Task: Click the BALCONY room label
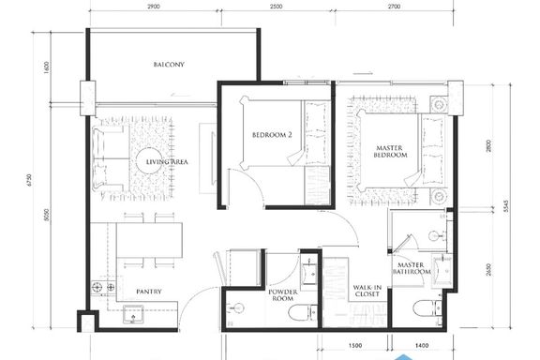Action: click(x=169, y=65)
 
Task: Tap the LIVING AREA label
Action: click(x=167, y=162)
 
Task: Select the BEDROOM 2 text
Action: click(x=272, y=135)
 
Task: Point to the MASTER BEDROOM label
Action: click(x=391, y=152)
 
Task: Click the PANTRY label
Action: click(x=149, y=292)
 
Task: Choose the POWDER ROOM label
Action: click(x=283, y=295)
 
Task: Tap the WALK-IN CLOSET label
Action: click(x=367, y=291)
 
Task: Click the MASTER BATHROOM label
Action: click(x=412, y=268)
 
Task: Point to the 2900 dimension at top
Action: click(x=153, y=7)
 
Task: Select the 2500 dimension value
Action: click(x=277, y=7)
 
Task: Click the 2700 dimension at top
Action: click(x=394, y=7)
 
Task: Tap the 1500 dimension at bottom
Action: click(x=355, y=346)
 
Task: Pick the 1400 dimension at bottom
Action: click(x=422, y=346)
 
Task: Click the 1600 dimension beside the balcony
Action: click(x=47, y=67)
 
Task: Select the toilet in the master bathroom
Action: click(x=427, y=308)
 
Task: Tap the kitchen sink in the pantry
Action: click(x=133, y=314)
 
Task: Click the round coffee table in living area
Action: click(x=149, y=161)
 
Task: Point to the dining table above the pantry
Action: click(x=149, y=240)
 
